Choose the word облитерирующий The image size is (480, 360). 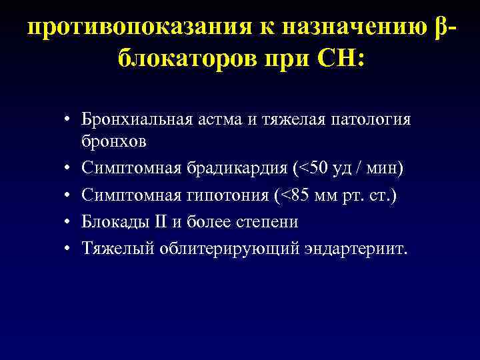click(217, 249)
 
